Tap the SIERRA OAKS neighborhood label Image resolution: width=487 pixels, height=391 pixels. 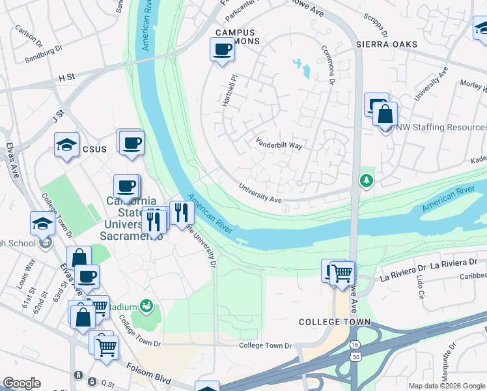tap(386, 44)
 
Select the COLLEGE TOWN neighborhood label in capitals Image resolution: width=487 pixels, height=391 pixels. tap(334, 322)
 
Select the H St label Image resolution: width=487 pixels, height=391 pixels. tap(66, 78)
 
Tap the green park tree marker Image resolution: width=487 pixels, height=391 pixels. tap(367, 180)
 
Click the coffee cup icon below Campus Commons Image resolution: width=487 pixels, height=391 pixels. tap(222, 50)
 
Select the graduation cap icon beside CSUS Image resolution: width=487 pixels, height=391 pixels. tap(66, 145)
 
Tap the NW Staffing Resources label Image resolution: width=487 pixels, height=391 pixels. tap(441, 128)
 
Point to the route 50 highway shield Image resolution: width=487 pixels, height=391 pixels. tap(354, 358)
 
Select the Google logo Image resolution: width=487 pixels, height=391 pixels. tap(21, 383)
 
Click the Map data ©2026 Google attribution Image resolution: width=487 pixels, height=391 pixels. tap(446, 386)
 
